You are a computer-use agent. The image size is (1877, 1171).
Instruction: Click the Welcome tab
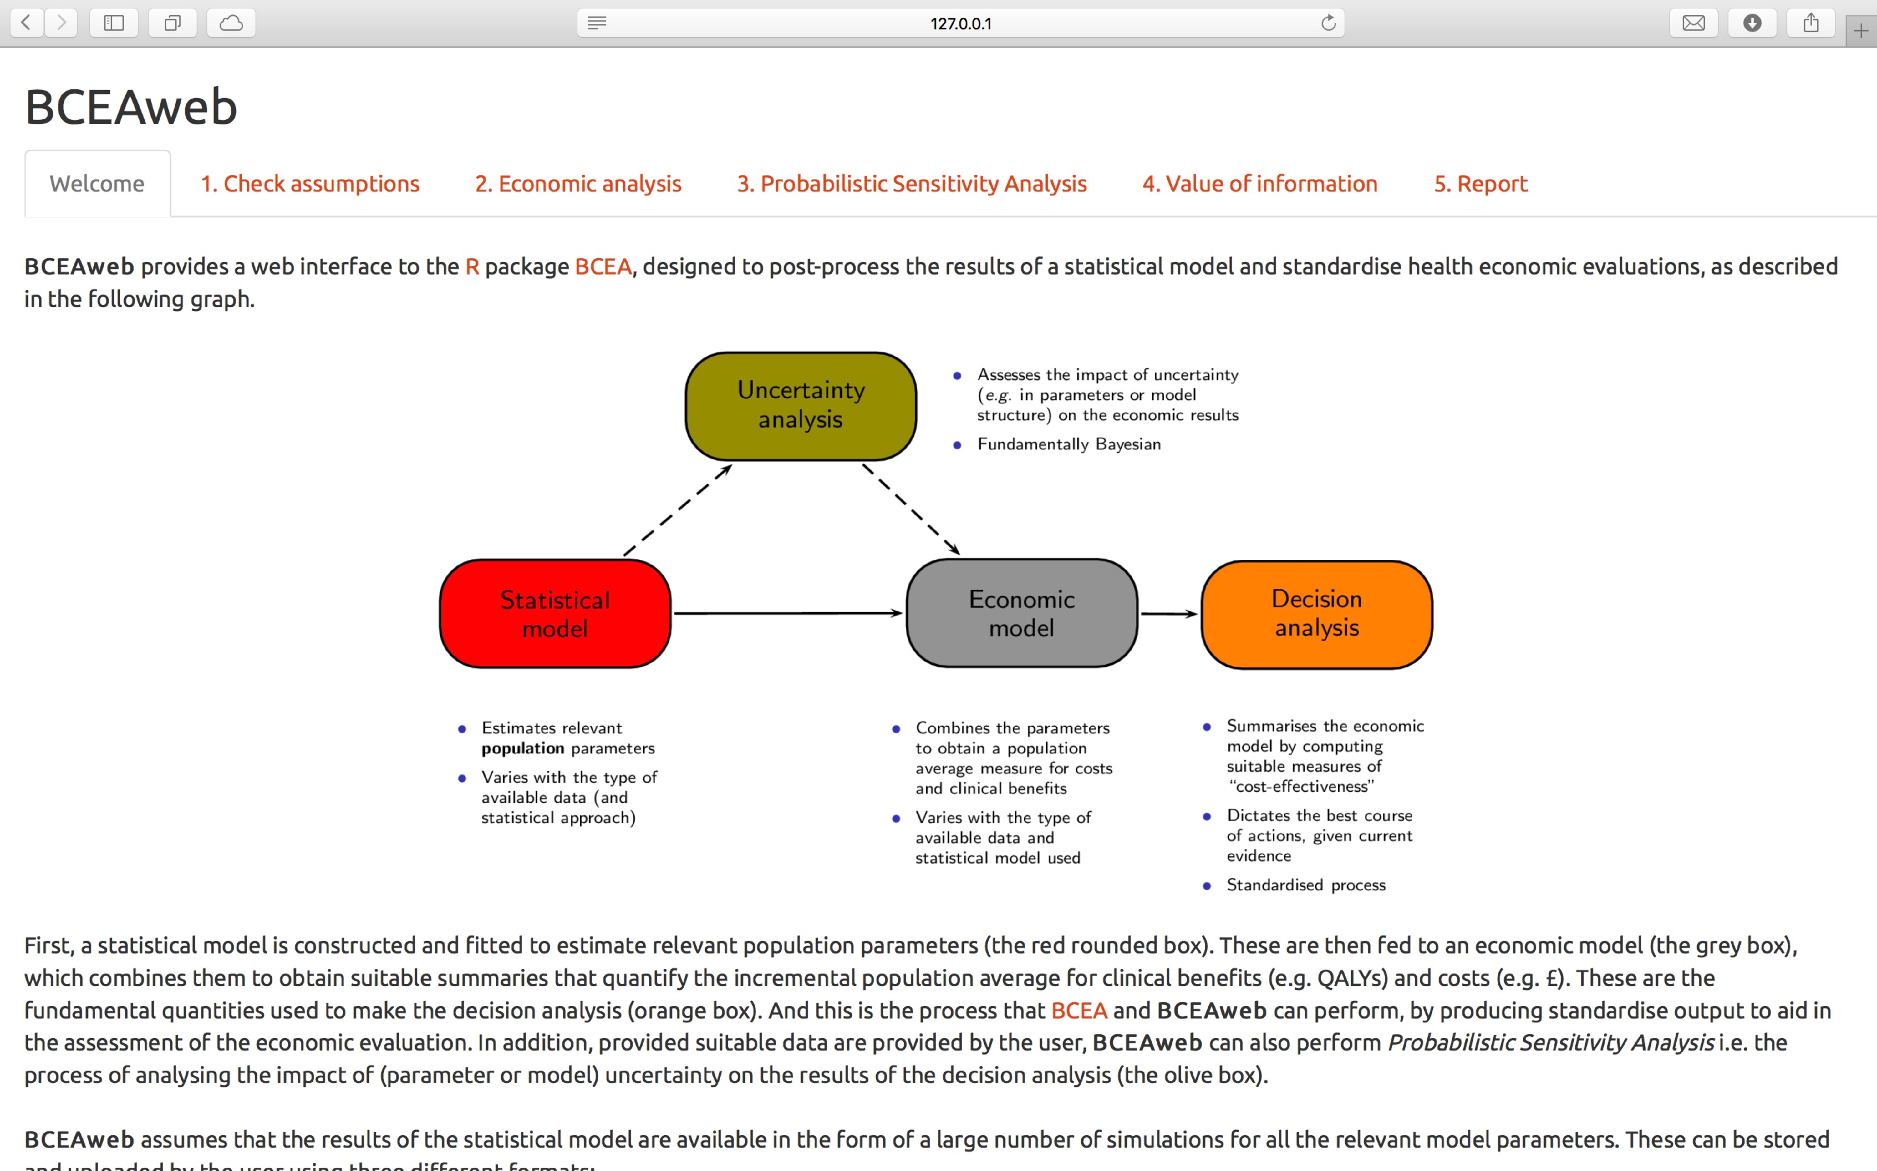click(97, 184)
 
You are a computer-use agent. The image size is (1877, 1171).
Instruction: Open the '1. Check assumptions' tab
click(310, 184)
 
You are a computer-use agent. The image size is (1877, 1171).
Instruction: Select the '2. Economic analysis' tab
click(578, 184)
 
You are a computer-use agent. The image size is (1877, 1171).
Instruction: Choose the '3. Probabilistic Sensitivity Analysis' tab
click(912, 184)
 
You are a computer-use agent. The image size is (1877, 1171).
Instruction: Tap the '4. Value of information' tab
click(1259, 184)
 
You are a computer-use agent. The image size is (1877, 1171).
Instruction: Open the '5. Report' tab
click(1480, 184)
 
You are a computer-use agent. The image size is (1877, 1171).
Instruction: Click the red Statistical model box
click(555, 613)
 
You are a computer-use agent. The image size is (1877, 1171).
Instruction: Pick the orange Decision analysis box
click(1316, 613)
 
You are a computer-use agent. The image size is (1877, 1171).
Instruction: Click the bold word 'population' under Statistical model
click(522, 748)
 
